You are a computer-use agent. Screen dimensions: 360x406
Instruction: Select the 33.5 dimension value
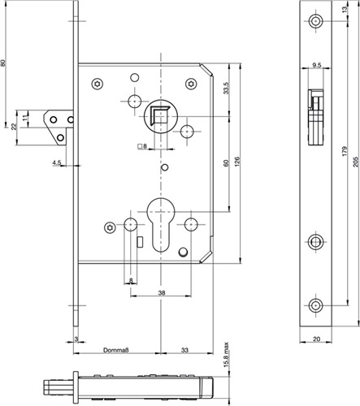pyautogui.click(x=226, y=88)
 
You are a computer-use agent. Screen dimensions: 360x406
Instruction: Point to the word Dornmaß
pyautogui.click(x=116, y=350)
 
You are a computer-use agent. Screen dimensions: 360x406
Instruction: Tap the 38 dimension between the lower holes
pyautogui.click(x=162, y=292)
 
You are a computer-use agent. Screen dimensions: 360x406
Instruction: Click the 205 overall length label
pyautogui.click(x=356, y=162)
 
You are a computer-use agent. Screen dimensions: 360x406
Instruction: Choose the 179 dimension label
pyautogui.click(x=345, y=151)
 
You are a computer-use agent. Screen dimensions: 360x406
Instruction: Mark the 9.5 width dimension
pyautogui.click(x=316, y=65)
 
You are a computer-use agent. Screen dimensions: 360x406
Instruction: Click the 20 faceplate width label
pyautogui.click(x=316, y=339)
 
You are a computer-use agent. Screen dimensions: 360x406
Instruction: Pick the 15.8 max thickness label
pyautogui.click(x=227, y=355)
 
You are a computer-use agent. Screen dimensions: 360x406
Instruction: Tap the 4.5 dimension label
pyautogui.click(x=57, y=162)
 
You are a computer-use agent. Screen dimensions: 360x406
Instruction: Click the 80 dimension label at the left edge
pyautogui.click(x=3, y=63)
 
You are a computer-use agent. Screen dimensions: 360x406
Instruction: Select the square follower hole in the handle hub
pyautogui.click(x=159, y=116)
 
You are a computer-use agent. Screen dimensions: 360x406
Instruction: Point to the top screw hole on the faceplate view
pyautogui.click(x=315, y=21)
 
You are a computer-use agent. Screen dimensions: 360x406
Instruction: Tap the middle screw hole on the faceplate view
pyautogui.click(x=315, y=241)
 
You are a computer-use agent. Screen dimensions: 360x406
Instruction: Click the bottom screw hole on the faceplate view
pyautogui.click(x=315, y=305)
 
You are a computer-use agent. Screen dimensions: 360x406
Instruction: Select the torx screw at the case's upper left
pyautogui.click(x=98, y=84)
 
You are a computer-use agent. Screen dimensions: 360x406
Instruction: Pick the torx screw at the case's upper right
pyautogui.click(x=191, y=84)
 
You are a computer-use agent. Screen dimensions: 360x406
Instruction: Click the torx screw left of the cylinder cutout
pyautogui.click(x=110, y=227)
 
